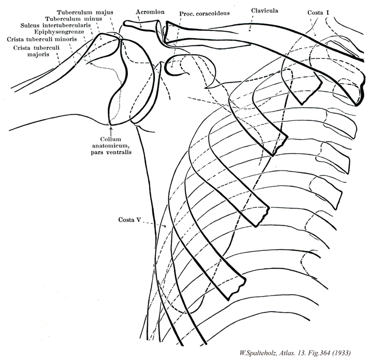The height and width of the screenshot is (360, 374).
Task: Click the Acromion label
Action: point(147,10)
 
